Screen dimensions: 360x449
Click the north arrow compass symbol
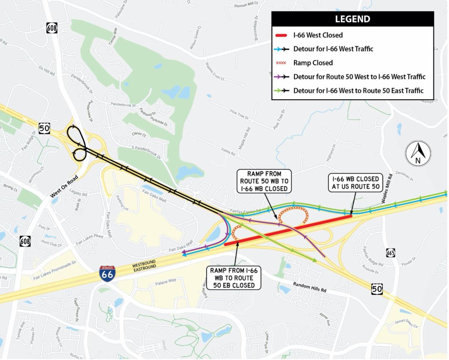418,153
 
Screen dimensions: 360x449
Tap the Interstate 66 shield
107,274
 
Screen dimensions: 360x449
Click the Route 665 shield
391,253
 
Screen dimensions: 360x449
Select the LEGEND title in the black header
352,19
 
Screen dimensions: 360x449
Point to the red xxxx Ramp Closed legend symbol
281,63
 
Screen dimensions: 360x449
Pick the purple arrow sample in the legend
281,77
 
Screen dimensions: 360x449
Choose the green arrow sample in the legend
281,91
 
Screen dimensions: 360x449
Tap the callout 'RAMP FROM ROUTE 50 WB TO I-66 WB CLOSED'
264,181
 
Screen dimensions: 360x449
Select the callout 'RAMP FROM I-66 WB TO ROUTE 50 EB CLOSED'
234,278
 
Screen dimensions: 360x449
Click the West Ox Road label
64,186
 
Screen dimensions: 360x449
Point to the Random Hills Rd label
309,287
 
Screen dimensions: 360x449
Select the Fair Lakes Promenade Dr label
54,270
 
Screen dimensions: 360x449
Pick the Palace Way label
165,282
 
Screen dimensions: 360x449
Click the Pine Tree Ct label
239,115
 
